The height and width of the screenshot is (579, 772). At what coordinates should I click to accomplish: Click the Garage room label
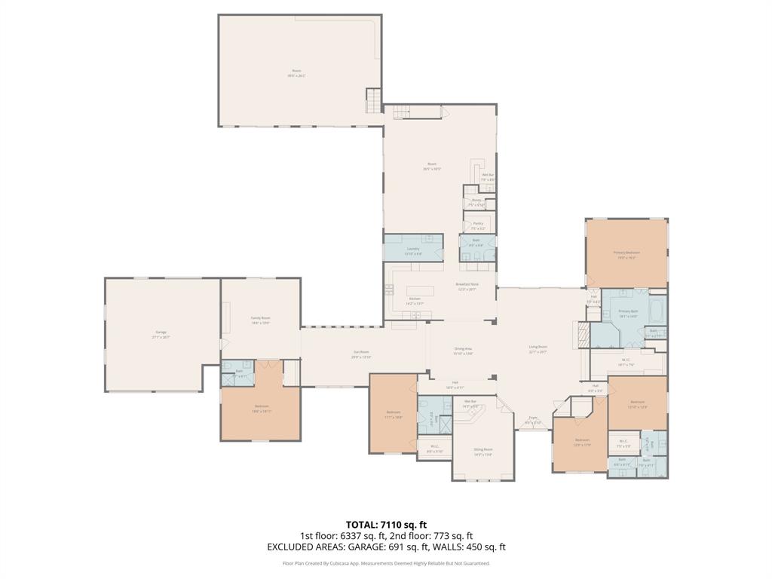point(161,332)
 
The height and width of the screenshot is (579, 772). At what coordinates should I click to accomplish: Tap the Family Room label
point(260,318)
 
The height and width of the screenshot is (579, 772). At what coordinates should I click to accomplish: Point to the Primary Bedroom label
point(626,253)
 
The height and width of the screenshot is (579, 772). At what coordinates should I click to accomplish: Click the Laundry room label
point(413,249)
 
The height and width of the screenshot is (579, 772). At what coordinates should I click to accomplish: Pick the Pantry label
point(478,224)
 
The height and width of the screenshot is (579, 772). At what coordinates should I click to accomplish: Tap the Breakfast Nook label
point(467,284)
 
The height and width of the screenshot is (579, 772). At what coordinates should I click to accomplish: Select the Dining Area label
point(463,349)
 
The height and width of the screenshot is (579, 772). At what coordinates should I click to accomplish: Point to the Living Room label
point(538,348)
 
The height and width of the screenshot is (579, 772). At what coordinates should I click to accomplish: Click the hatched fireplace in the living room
point(581,333)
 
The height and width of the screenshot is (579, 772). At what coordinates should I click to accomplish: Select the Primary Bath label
point(628,311)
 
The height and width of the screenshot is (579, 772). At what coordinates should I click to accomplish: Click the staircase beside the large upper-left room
point(373,100)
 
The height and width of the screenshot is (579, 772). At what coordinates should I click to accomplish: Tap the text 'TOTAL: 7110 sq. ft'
point(386,524)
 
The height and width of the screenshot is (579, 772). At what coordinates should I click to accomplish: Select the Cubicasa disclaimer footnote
point(386,563)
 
